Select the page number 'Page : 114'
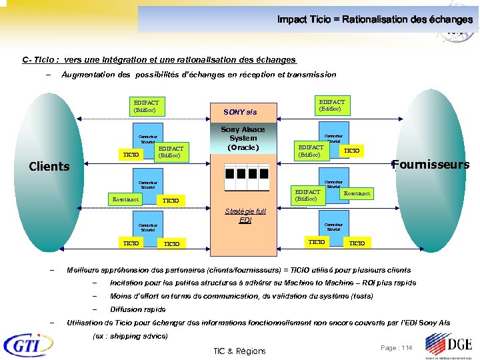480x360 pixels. tap(396, 348)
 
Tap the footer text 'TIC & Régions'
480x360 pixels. tap(239, 351)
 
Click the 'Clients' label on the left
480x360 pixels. tap(49, 167)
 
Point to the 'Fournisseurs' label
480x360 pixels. tap(431, 165)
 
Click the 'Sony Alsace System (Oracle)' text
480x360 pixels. tap(243, 138)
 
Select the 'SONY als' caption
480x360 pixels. tap(240, 112)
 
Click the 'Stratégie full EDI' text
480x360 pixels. tap(245, 215)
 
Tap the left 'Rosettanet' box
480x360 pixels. tap(125, 199)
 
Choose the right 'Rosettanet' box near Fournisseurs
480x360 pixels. tap(357, 193)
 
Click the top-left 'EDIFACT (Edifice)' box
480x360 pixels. tap(147, 106)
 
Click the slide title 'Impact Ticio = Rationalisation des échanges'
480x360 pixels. tap(375, 19)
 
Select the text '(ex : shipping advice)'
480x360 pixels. tap(131, 335)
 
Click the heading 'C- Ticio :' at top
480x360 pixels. tap(41, 60)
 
